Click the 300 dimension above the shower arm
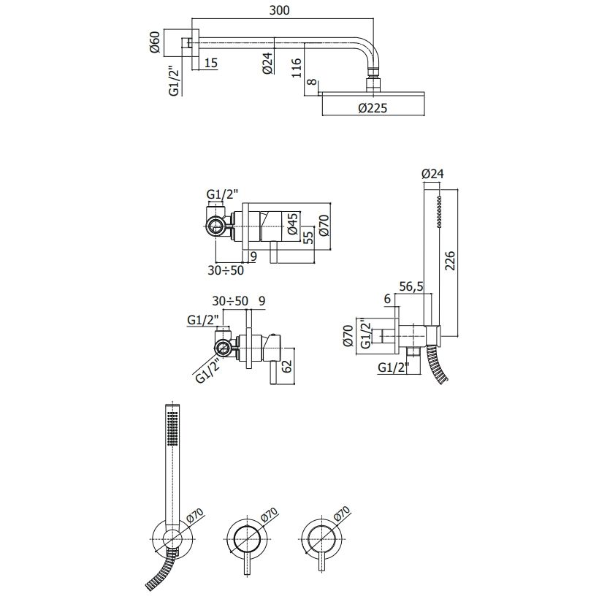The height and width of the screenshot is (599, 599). tap(279, 10)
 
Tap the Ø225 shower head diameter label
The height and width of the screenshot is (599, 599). tap(373, 108)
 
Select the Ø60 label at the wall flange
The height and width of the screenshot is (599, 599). tap(154, 42)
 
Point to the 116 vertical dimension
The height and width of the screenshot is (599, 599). tap(297, 68)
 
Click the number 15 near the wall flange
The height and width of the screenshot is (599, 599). tap(211, 62)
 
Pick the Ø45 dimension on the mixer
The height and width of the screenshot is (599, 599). tap(291, 224)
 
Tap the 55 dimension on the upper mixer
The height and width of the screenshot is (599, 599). tap(308, 235)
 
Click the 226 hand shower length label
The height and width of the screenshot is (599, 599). tap(451, 261)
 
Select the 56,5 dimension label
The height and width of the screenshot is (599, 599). tap(411, 286)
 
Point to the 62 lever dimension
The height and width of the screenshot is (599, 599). tap(287, 366)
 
